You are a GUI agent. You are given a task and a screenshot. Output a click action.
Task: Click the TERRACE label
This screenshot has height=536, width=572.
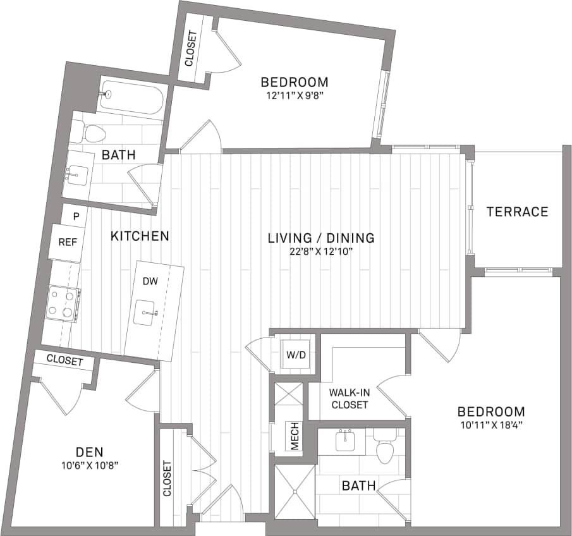pos(517,212)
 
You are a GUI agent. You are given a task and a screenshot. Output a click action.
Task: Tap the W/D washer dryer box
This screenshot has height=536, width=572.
pos(295,355)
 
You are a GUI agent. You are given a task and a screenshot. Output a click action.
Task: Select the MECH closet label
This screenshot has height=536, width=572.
pos(295,436)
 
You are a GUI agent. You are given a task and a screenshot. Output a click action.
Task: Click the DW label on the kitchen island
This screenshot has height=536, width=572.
pos(150,281)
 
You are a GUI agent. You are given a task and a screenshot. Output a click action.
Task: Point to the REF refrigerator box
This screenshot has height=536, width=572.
pos(67,242)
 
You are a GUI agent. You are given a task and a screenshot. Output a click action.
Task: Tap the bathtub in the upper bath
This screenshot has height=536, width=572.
pos(131,97)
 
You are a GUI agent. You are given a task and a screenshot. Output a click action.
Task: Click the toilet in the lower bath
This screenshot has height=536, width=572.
pos(384,446)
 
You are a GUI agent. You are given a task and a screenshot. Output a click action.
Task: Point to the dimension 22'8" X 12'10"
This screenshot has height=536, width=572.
pos(320,252)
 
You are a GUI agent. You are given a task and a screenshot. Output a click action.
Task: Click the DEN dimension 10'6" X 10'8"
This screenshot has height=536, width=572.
pos(89,465)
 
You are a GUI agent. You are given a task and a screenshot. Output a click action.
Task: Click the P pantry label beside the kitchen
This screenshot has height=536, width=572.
pos(76,216)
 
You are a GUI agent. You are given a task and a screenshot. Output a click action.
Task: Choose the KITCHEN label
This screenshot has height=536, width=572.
pos(140,236)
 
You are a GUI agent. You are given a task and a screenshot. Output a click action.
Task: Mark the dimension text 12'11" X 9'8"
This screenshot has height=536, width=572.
pos(295,96)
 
